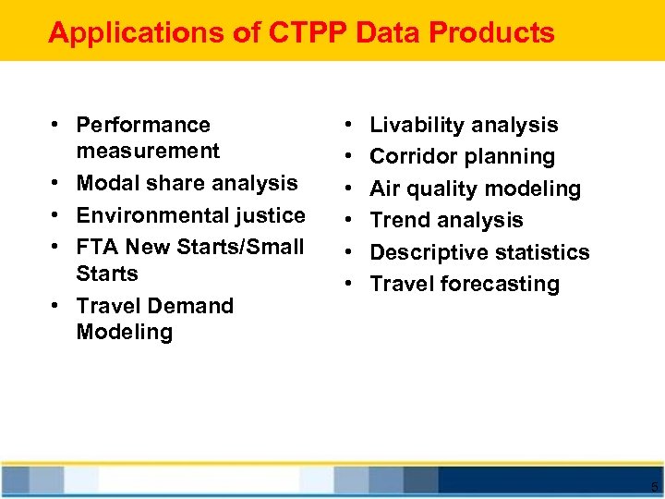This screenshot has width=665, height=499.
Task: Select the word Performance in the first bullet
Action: point(143,125)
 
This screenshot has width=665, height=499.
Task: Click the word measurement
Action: point(148,151)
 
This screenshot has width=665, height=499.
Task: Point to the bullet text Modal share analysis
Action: point(187,183)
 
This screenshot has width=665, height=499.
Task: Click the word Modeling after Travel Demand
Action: point(124,332)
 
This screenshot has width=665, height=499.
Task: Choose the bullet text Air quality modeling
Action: point(475,189)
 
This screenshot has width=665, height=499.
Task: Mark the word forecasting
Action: point(500,284)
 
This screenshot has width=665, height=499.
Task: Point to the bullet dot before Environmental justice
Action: point(57,215)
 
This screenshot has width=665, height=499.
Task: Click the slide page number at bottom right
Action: point(654,487)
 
